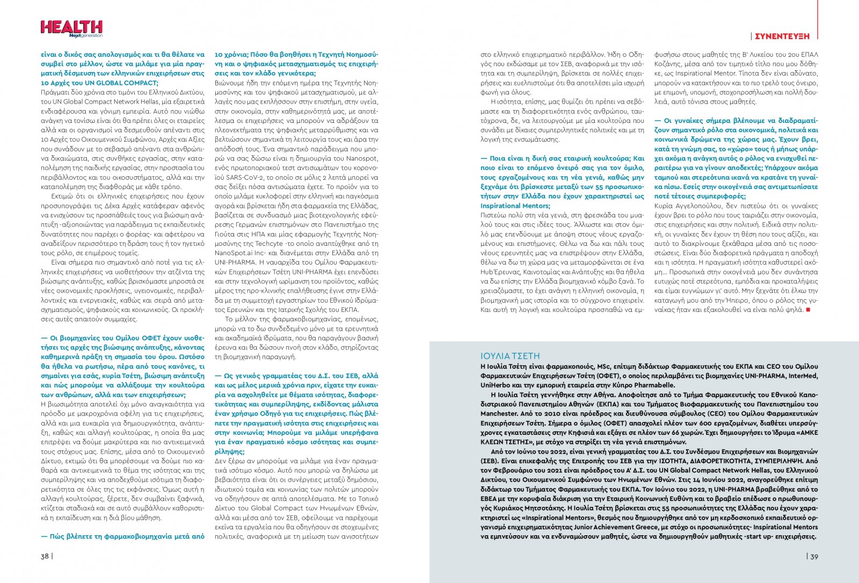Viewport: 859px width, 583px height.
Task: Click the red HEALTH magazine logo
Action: [71, 27]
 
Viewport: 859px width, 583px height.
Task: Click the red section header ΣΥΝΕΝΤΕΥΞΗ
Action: [782, 37]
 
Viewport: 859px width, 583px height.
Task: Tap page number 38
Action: [45, 556]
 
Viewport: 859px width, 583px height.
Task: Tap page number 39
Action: [814, 557]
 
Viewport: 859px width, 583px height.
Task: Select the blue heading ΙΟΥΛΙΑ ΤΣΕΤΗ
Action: [510, 356]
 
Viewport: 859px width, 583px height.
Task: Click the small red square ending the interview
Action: [808, 310]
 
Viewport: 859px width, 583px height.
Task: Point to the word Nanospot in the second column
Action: [361, 158]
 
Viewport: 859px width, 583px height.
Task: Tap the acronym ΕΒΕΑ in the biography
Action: [489, 499]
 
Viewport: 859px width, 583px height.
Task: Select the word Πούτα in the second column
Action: [226, 234]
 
